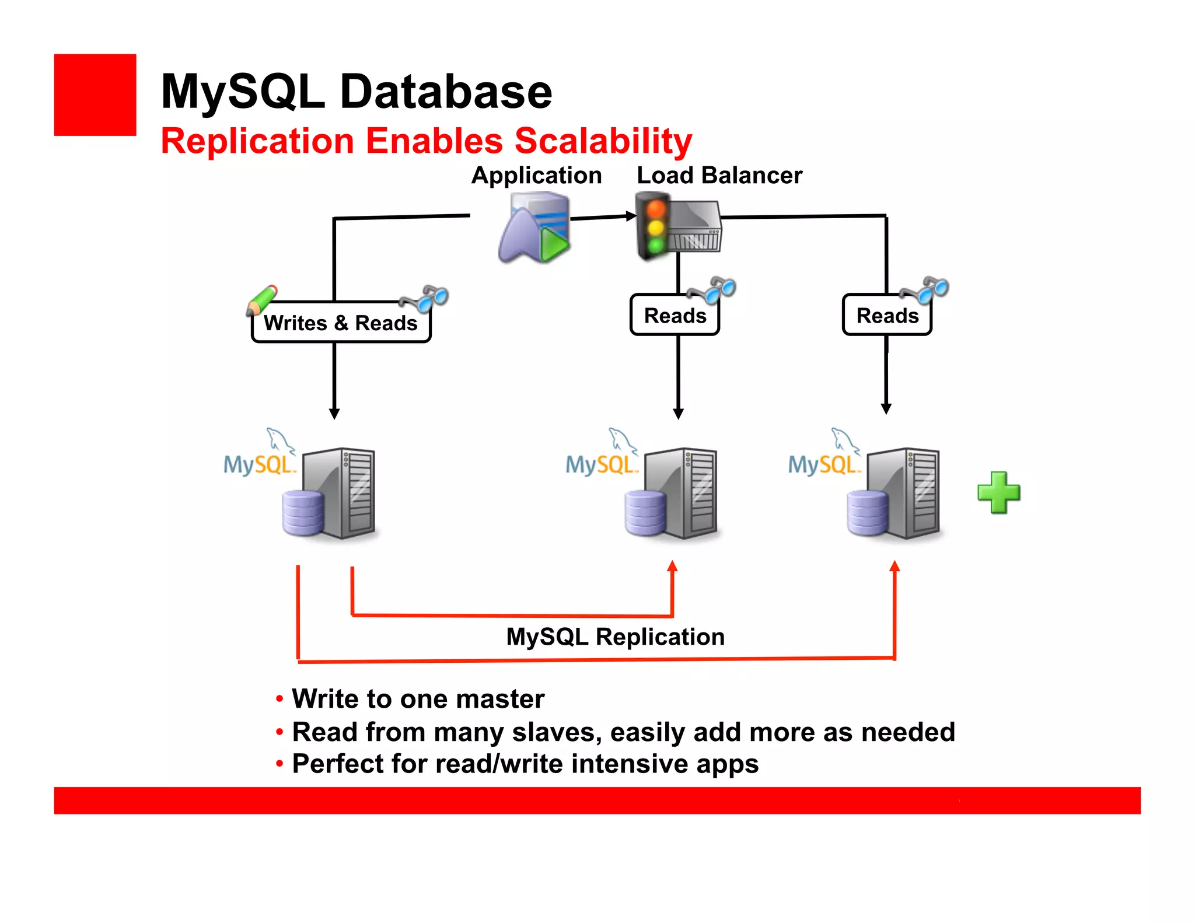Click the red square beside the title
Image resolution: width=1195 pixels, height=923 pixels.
point(95,95)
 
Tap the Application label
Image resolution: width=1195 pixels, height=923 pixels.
point(536,175)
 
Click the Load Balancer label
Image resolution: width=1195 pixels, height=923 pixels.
point(719,175)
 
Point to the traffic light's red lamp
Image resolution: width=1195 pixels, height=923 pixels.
point(656,209)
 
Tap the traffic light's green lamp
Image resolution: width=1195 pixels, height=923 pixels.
point(656,245)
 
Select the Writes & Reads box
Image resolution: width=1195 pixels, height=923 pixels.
point(341,323)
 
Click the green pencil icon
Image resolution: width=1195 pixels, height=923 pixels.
point(261,300)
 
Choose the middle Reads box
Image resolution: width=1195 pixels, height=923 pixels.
point(675,316)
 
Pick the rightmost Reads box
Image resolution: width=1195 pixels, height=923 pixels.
point(887,316)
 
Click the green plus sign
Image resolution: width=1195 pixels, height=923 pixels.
point(998,492)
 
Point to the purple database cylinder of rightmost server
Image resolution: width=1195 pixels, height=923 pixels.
point(867,513)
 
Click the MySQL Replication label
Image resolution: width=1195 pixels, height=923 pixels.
point(615,637)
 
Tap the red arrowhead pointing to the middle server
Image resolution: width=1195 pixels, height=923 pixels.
point(672,566)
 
